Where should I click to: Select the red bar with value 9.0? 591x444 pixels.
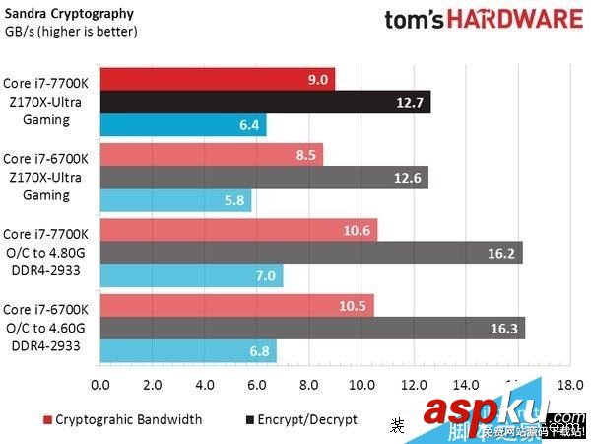(x=217, y=79)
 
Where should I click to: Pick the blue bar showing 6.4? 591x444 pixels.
(x=182, y=125)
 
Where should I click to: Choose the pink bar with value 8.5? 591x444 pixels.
(x=211, y=154)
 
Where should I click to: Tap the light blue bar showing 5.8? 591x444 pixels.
(x=175, y=200)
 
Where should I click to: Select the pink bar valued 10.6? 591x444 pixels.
(x=237, y=230)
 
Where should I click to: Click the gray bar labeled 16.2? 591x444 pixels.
(x=310, y=253)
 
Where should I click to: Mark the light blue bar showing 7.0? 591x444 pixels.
(x=191, y=276)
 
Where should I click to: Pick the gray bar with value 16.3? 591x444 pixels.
(x=311, y=328)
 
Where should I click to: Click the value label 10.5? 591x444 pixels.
(x=352, y=305)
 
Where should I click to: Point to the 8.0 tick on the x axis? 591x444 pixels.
(x=309, y=383)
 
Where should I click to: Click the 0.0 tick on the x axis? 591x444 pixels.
(x=99, y=383)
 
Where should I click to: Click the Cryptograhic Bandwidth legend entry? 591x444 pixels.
(x=122, y=419)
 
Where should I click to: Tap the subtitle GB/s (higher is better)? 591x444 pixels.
(x=72, y=32)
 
